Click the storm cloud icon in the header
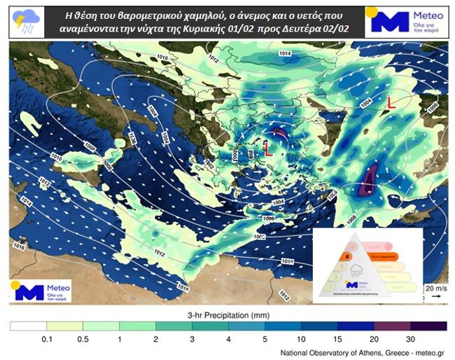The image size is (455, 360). [27, 20]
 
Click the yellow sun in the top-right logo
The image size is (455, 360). [372, 12]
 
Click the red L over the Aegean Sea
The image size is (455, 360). [268, 148]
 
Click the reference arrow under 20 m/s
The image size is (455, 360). [435, 296]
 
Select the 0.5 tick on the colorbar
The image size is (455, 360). [83, 339]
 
